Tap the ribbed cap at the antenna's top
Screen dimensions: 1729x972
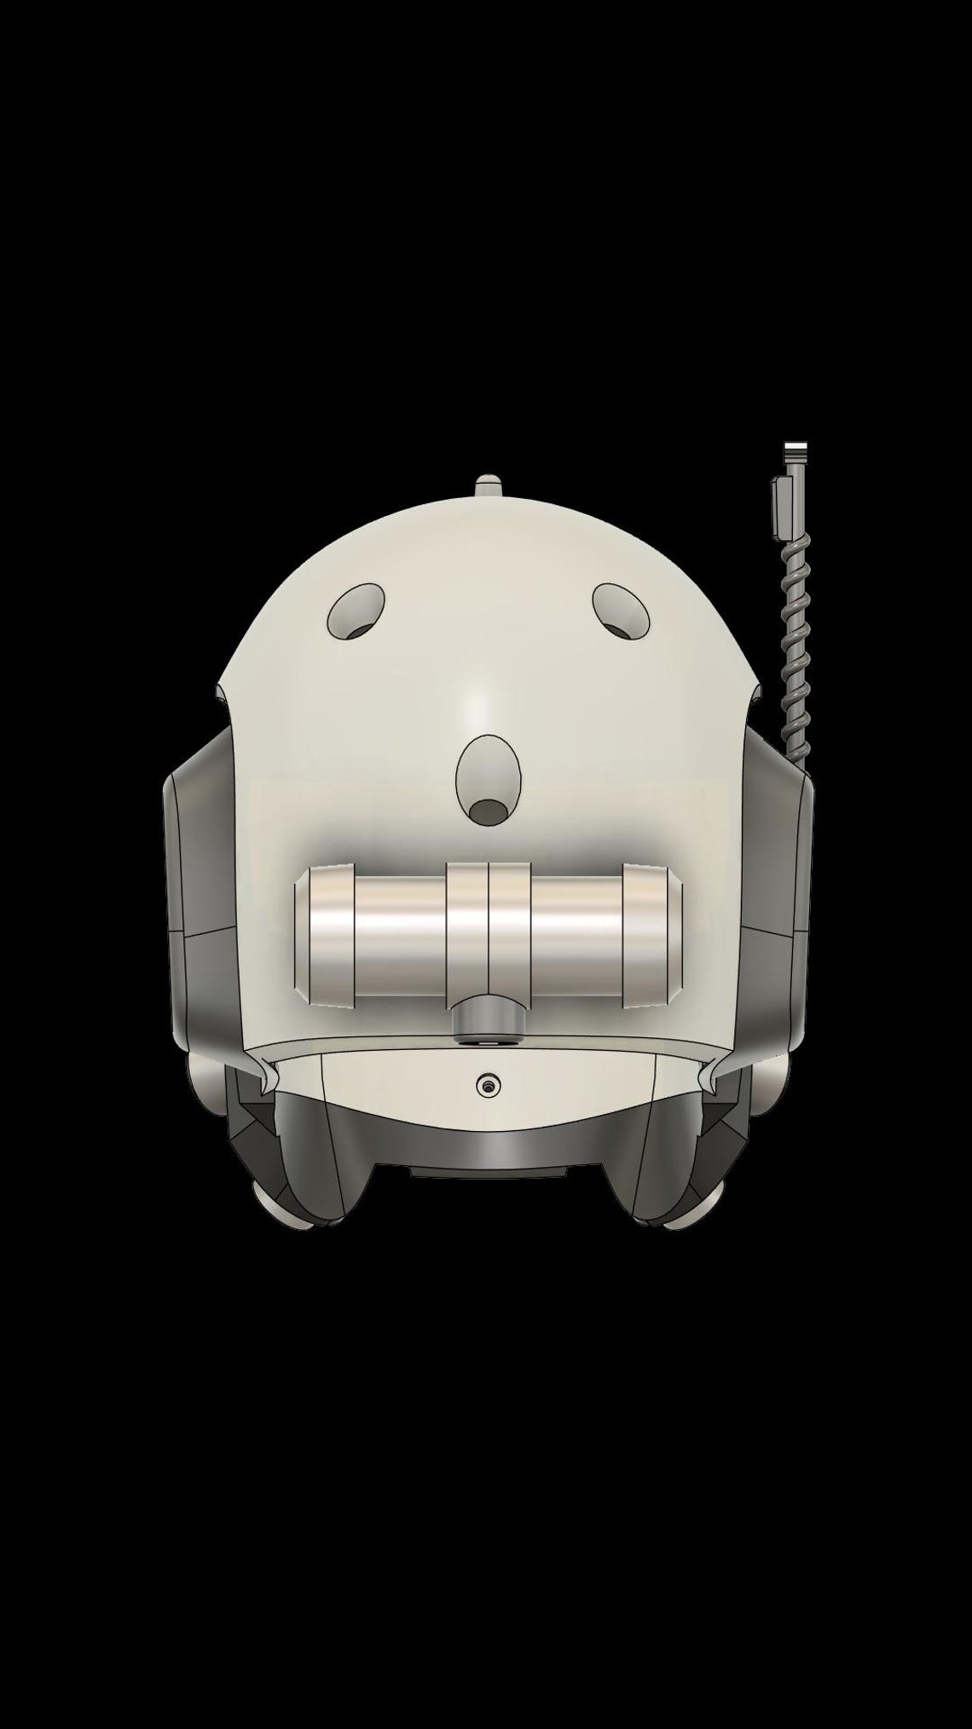[x=796, y=451]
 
